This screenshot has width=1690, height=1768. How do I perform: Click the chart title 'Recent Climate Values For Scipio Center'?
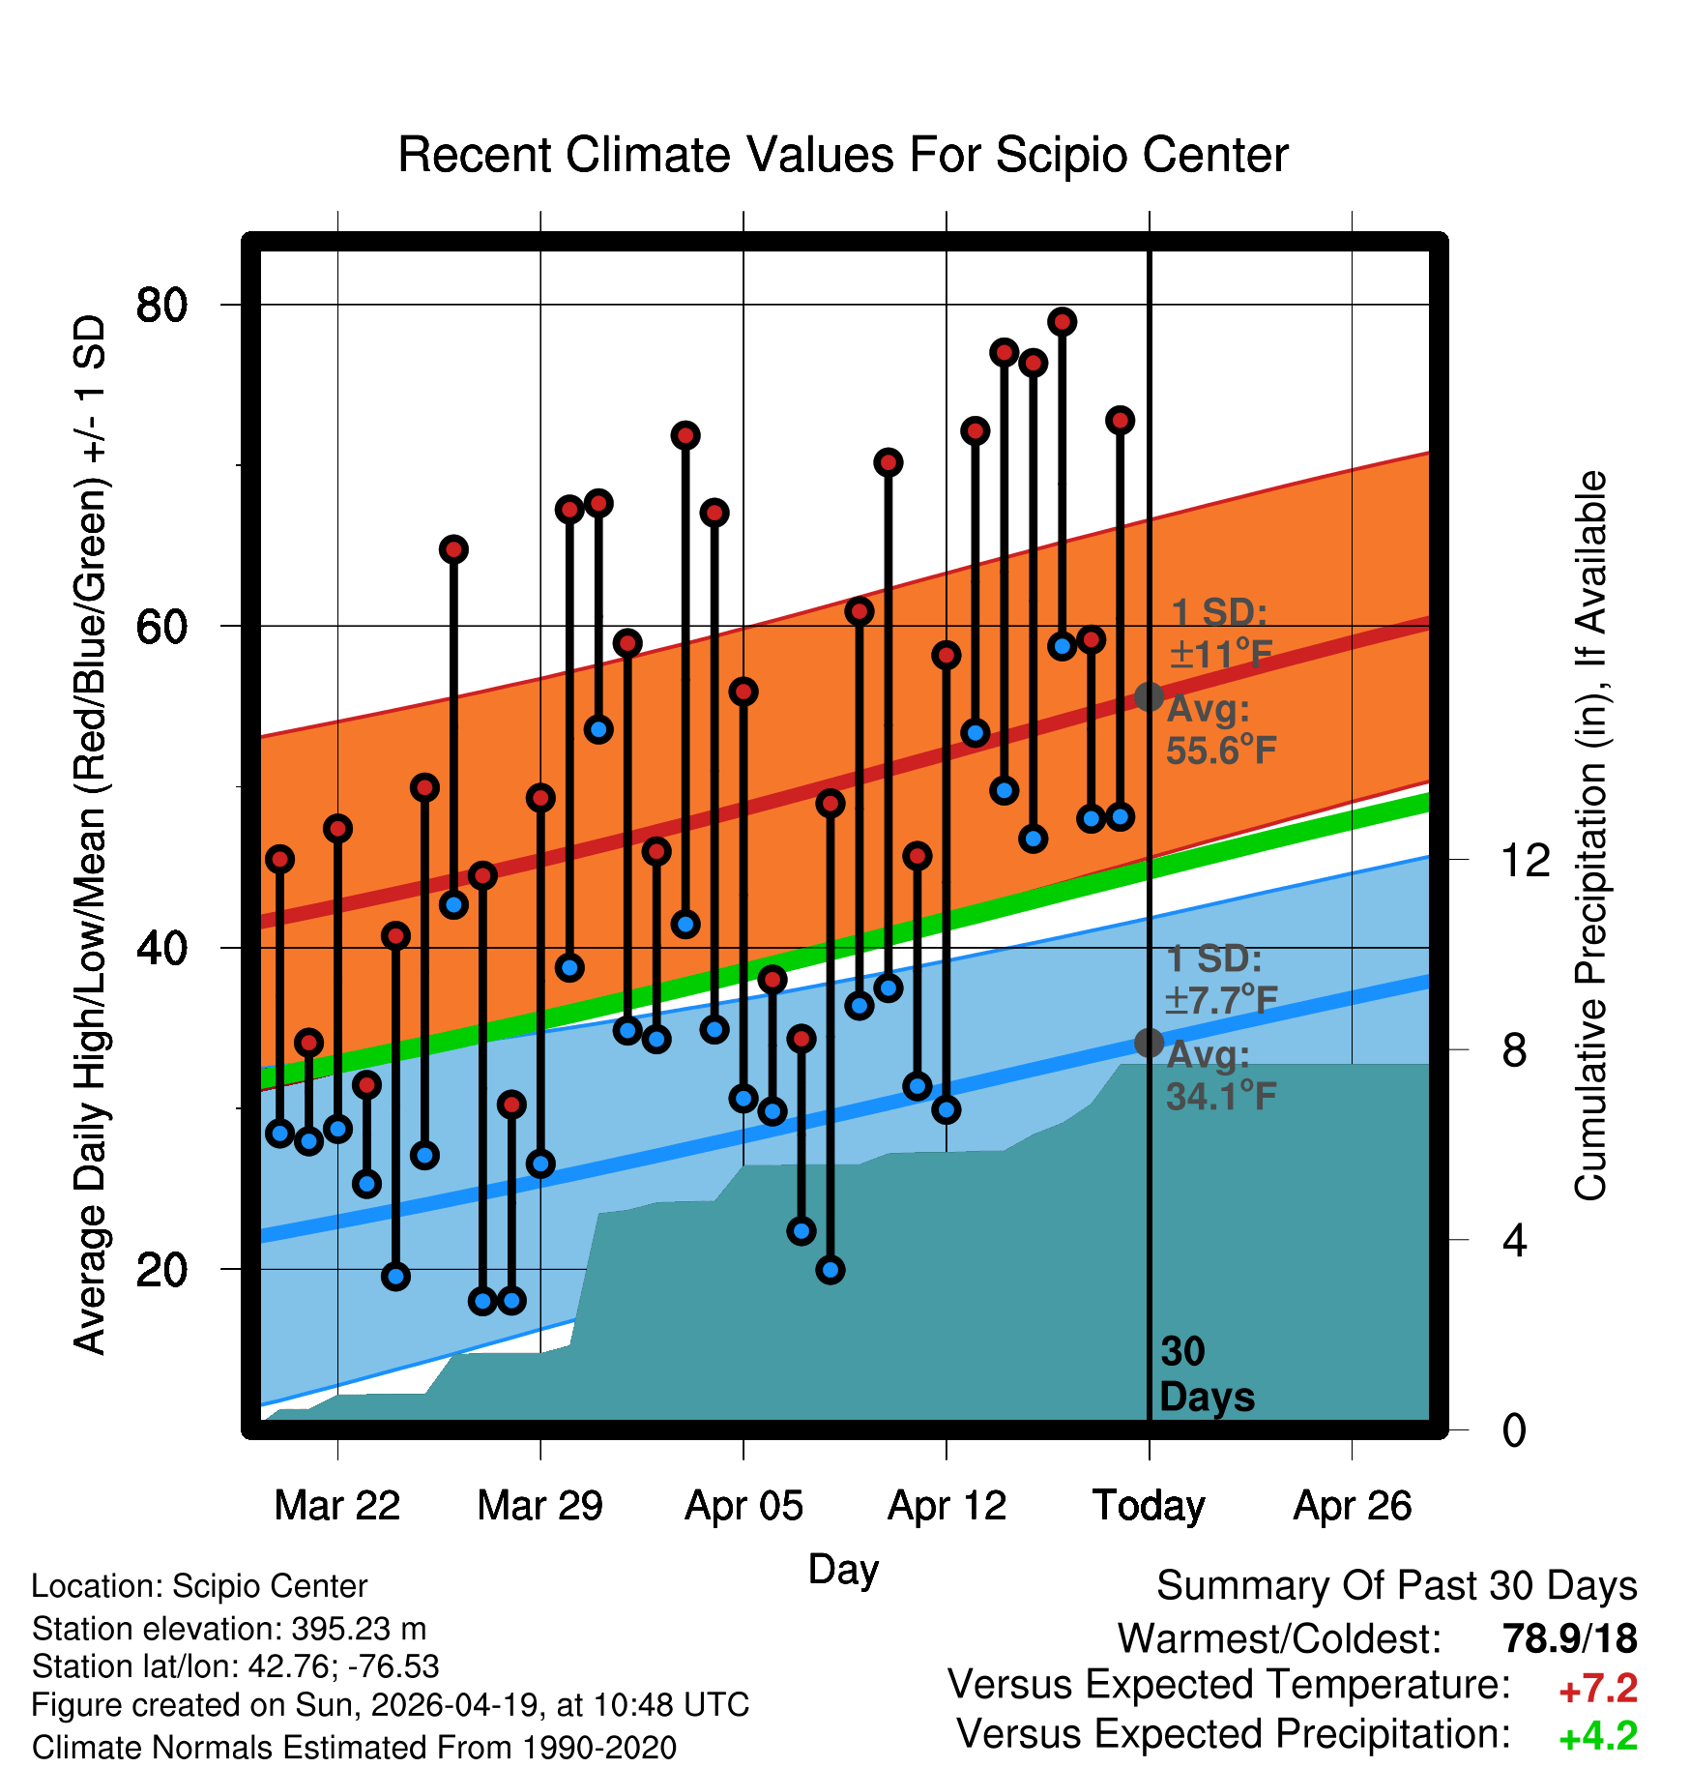pyautogui.click(x=843, y=155)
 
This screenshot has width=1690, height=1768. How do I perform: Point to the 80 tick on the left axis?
pyautogui.click(x=161, y=305)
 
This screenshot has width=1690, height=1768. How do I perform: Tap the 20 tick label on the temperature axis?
pyautogui.click(x=161, y=1269)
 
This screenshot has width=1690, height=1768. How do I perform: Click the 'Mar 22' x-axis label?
pyautogui.click(x=336, y=1506)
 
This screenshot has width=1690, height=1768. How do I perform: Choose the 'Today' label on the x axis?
pyautogui.click(x=1149, y=1506)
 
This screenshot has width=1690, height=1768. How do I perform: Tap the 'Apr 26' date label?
pyautogui.click(x=1352, y=1506)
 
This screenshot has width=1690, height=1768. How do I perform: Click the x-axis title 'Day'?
pyautogui.click(x=843, y=1569)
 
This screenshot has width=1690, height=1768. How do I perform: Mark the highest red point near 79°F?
pyautogui.click(x=1063, y=322)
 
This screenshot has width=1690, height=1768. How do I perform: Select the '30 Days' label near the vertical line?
pyautogui.click(x=1206, y=1374)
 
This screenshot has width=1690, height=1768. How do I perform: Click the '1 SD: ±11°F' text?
pyautogui.click(x=1220, y=634)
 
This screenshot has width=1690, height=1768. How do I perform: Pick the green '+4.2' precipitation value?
pyautogui.click(x=1597, y=1736)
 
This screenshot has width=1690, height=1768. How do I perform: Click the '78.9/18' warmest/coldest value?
pyautogui.click(x=1569, y=1639)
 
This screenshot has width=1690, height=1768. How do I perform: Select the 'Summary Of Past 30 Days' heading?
pyautogui.click(x=1396, y=1586)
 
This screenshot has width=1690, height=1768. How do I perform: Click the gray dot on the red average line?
pyautogui.click(x=1149, y=696)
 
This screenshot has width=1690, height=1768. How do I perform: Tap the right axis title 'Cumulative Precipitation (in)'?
pyautogui.click(x=1589, y=836)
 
